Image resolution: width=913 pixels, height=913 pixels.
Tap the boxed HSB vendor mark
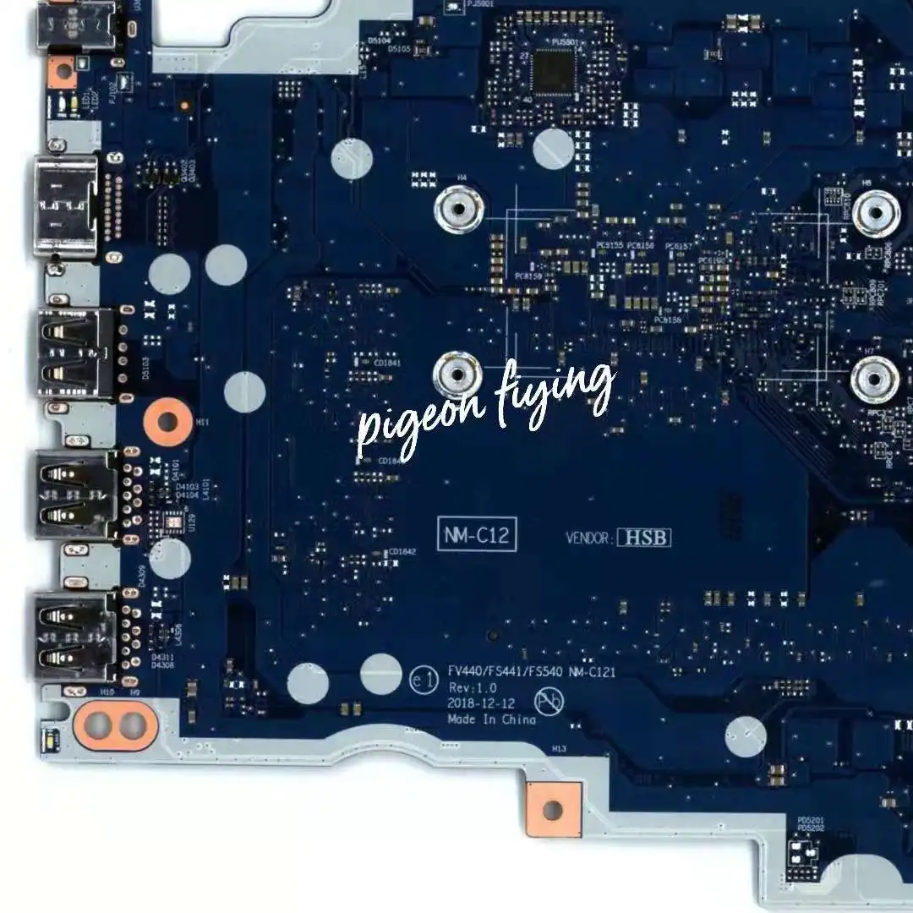tap(643, 538)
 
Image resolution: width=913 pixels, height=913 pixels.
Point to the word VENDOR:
tap(589, 538)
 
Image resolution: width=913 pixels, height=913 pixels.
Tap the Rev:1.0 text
tap(473, 688)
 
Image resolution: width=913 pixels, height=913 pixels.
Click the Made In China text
tap(491, 719)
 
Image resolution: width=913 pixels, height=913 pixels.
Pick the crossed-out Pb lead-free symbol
tap(547, 699)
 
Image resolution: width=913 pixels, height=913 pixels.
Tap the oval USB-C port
tap(64, 206)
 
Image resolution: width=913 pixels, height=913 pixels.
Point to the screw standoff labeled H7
tap(874, 379)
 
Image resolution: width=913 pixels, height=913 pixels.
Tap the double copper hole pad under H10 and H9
tap(115, 724)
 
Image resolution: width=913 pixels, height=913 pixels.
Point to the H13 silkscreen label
tap(558, 749)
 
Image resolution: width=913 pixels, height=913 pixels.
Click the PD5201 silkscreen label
tap(810, 820)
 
